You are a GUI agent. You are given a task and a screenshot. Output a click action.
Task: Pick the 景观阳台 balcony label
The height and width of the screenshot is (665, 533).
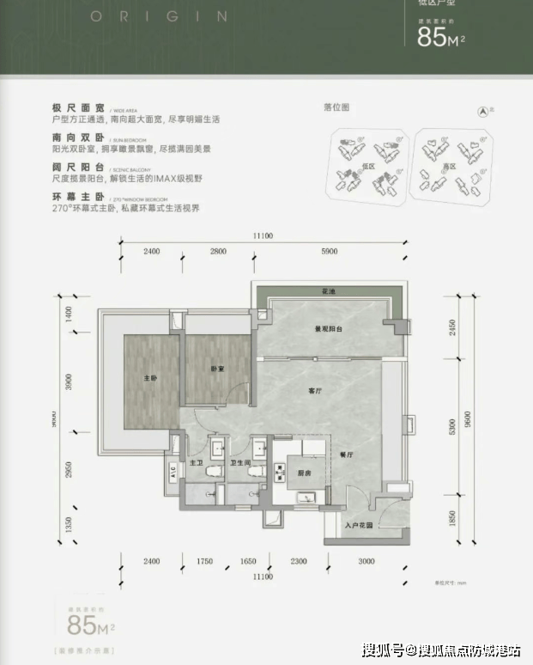(x=328, y=329)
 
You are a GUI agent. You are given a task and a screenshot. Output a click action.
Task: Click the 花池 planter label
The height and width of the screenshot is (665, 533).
(x=328, y=292)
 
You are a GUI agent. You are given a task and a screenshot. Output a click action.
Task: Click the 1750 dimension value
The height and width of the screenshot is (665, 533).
(x=203, y=561)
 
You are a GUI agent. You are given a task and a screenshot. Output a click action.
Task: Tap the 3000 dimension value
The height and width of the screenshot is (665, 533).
(x=366, y=561)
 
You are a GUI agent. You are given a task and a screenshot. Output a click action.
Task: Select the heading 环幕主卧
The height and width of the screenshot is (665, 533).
(x=78, y=197)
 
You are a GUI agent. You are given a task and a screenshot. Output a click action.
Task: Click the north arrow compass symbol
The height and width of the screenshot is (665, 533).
(x=483, y=110)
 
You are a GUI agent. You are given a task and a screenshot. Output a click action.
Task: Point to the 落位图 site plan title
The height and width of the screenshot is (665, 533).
(x=336, y=108)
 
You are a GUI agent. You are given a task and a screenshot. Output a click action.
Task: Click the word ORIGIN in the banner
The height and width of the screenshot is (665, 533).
(x=158, y=15)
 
